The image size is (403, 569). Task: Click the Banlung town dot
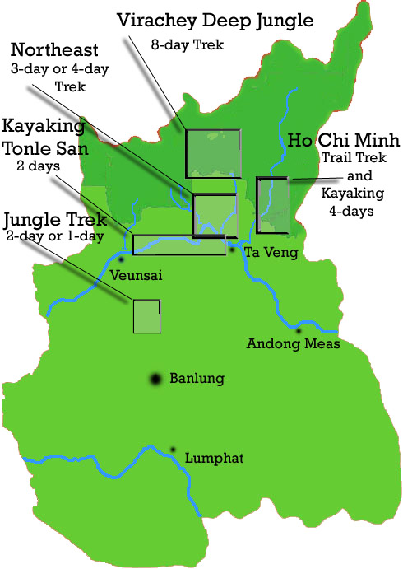[x=155, y=380]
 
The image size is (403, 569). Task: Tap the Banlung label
[x=197, y=380]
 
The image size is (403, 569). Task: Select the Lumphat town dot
[x=173, y=450]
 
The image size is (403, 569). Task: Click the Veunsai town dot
[x=121, y=260]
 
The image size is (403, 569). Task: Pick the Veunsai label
[x=135, y=277]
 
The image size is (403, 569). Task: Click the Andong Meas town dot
[x=299, y=331]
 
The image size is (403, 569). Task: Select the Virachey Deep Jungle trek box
[x=213, y=154]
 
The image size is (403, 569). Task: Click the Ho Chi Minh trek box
[x=273, y=206]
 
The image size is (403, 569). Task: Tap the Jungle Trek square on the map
[x=146, y=316]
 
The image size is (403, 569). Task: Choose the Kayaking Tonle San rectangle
[x=179, y=245]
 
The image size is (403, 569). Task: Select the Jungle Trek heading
[x=55, y=220]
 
